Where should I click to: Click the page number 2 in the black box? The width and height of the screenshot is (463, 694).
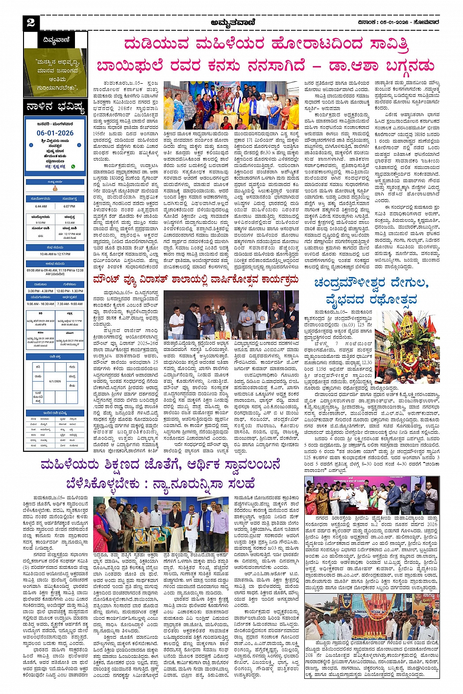(x=31, y=23)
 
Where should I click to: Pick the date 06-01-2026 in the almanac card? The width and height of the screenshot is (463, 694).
(x=55, y=133)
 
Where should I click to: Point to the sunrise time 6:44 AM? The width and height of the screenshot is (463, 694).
(x=41, y=206)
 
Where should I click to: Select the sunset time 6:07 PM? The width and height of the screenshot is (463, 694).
(x=70, y=206)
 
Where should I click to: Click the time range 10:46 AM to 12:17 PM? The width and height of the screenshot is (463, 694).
(x=55, y=254)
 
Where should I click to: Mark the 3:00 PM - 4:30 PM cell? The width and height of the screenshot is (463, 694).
(x=41, y=291)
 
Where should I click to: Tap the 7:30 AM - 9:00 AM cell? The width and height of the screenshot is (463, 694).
(x=70, y=303)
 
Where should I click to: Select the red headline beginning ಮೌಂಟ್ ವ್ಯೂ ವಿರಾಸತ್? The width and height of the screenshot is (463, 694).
(x=196, y=280)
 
